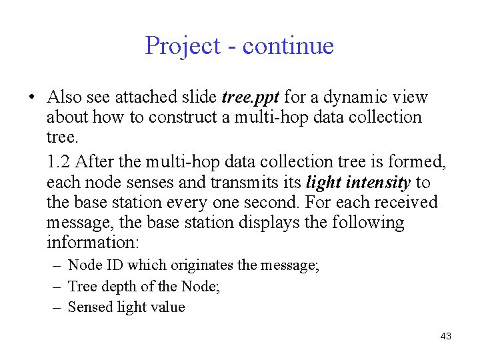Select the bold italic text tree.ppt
[250, 97]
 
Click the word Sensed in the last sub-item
[89, 307]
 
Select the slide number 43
[445, 337]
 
